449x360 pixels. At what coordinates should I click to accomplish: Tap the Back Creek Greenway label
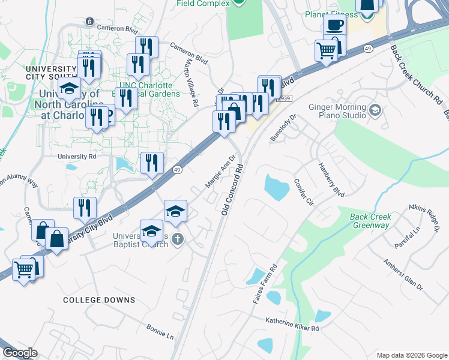(x=371, y=221)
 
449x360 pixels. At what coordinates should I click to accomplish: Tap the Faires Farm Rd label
(x=264, y=283)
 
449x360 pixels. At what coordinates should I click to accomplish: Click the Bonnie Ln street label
(x=160, y=331)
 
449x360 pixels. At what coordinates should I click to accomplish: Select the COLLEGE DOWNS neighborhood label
(x=99, y=299)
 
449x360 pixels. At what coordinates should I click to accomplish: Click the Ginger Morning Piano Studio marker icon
(x=375, y=109)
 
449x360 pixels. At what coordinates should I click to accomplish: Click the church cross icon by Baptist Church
(x=177, y=239)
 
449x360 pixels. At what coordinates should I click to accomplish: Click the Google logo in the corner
(x=20, y=353)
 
